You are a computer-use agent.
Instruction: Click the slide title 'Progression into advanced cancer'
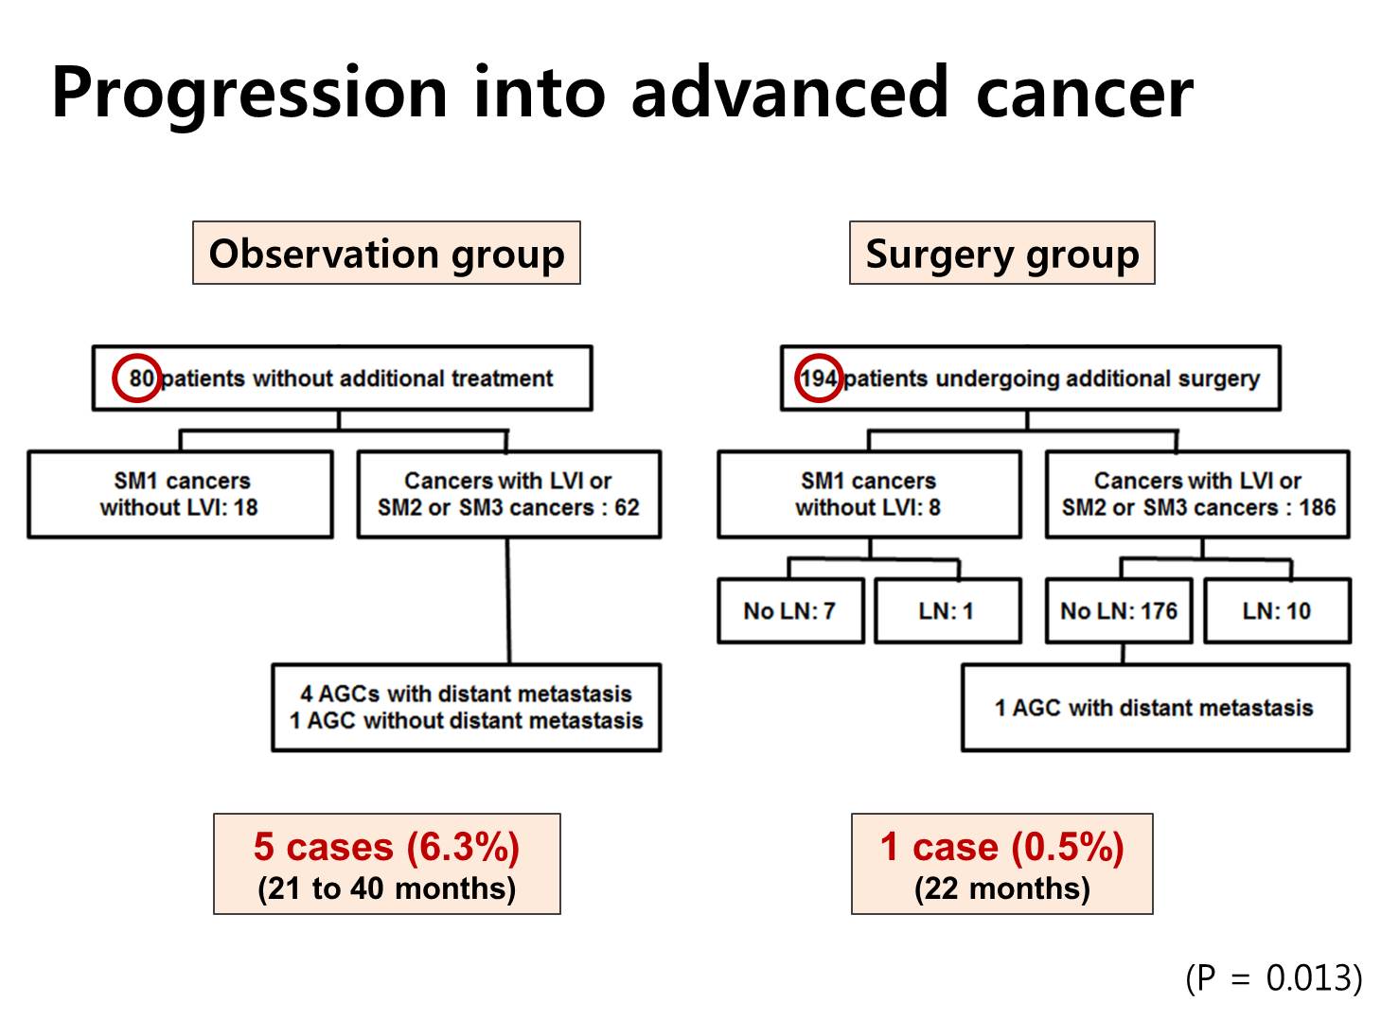[x=622, y=94]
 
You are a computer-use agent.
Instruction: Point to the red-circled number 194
[x=819, y=378]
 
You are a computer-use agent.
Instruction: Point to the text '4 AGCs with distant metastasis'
[x=466, y=695]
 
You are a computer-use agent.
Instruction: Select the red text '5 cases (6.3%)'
[x=386, y=847]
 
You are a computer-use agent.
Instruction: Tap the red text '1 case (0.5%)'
[x=1001, y=847]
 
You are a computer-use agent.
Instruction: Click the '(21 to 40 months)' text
[x=386, y=888]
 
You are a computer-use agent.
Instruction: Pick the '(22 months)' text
[x=1001, y=888]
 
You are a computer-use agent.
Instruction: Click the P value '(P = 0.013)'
[x=1274, y=977]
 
